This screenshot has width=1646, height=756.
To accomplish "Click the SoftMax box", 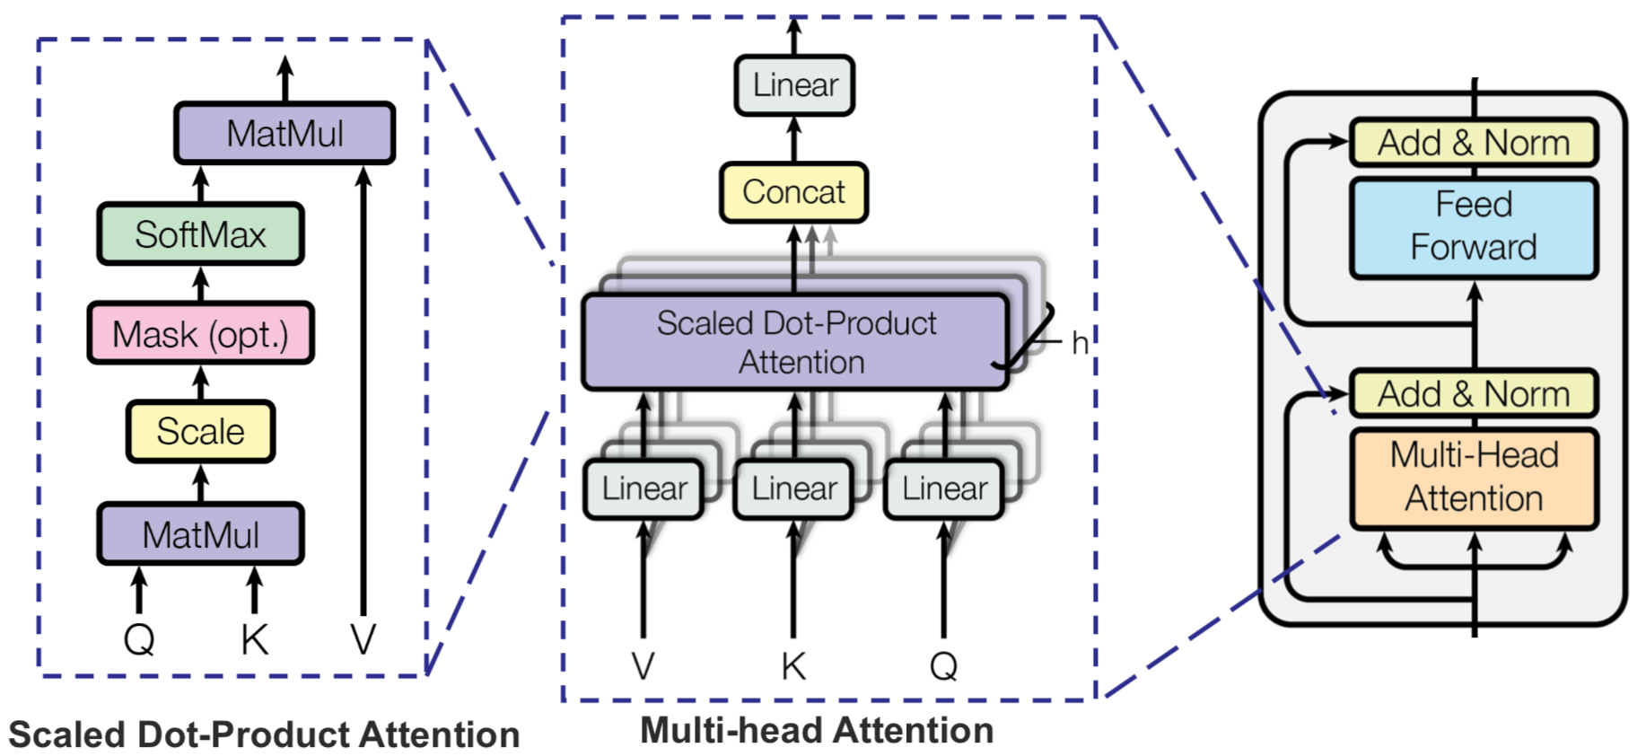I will tap(200, 234).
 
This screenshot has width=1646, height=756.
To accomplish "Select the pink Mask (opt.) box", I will tap(200, 334).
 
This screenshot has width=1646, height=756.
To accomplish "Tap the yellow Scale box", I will tap(200, 431).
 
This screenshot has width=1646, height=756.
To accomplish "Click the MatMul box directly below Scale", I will tap(200, 534).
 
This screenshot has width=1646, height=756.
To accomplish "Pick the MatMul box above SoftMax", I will tap(285, 133).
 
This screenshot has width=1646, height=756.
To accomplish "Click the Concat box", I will tap(793, 192).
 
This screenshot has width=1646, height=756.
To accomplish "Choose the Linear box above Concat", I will tap(794, 85).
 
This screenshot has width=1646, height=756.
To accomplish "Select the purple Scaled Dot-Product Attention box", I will tap(795, 342).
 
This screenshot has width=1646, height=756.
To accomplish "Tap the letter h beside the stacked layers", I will tap(1080, 343).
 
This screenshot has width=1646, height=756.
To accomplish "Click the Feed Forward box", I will tap(1473, 226).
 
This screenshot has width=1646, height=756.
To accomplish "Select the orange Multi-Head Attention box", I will tap(1473, 477).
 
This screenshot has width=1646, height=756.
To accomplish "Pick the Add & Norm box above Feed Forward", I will tap(1473, 143).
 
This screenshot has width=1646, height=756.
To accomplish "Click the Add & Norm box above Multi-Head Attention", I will tap(1473, 394).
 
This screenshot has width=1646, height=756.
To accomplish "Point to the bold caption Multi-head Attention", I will tap(817, 731).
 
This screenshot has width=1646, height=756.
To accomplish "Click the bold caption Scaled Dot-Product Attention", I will tap(264, 734).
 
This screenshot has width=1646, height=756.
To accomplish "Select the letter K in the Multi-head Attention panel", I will tap(793, 666).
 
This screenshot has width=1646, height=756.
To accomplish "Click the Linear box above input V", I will tap(644, 489).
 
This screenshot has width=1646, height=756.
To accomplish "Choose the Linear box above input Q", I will tap(943, 489).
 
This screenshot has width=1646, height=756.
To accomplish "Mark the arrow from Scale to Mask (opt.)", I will tap(201, 382).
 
